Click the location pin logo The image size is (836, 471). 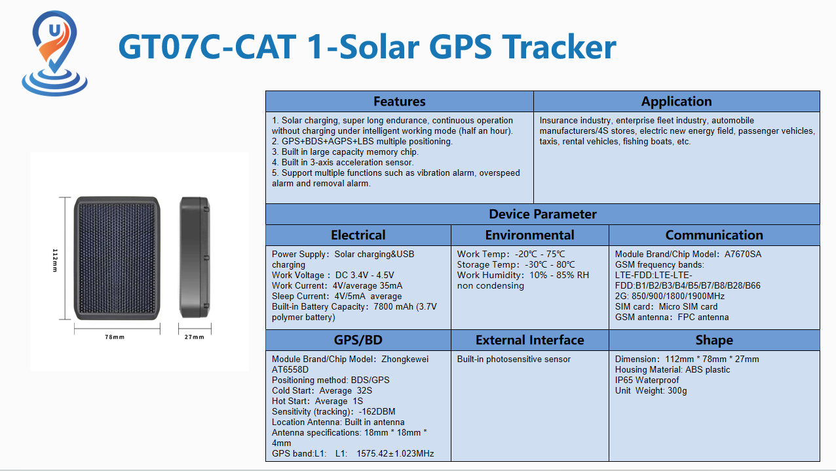pos(54,52)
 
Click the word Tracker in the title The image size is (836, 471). pos(559,47)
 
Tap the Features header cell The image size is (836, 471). pos(400,101)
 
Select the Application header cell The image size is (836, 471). pos(676,101)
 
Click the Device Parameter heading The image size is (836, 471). pos(542,215)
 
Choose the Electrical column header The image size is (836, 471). pos(358,235)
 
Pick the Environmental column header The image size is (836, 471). pos(529,235)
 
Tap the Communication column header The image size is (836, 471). pos(714,235)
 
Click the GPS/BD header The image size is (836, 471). pos(358,340)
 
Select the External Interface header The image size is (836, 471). pos(529,340)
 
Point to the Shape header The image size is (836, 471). pos(714,340)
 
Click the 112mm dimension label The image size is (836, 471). pos(55,260)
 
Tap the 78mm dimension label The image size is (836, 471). pos(115,337)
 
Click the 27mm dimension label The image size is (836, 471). pos(195,337)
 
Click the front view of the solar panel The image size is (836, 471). pos(117,258)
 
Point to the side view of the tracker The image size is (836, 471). pos(195,258)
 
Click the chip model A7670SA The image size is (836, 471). pos(743,254)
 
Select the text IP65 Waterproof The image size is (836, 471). pos(647,380)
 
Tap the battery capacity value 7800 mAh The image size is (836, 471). pos(393,307)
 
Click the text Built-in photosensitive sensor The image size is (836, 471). pos(514,359)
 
